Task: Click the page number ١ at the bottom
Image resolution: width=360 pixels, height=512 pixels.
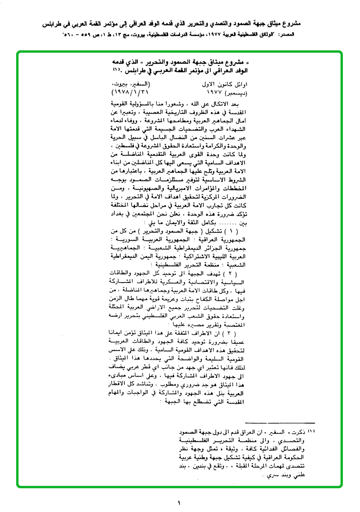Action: point(180,502)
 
